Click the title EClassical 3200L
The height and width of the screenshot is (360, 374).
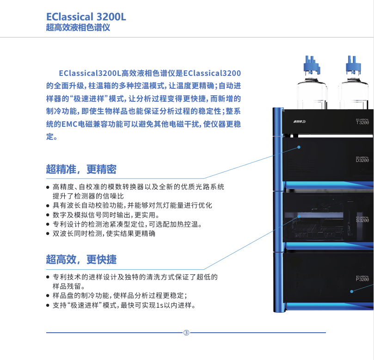point(86,17)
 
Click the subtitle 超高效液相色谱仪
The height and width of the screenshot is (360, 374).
point(78,27)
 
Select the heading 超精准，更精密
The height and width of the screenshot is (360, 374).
point(81,169)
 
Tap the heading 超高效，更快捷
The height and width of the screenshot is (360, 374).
point(81,260)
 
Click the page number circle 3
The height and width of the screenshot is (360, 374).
point(186,333)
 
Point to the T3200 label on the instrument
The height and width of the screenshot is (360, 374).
point(362,123)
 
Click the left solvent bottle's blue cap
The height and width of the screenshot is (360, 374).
point(312,64)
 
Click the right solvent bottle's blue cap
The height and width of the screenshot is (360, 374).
point(353,64)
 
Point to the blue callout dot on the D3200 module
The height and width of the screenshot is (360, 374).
point(299,147)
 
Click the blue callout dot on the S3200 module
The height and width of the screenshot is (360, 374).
point(299,216)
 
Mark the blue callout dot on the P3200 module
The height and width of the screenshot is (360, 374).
point(352,291)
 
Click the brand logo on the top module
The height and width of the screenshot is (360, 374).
point(300,122)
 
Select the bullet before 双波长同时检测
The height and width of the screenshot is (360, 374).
point(48,234)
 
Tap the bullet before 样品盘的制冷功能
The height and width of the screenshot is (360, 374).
point(48,296)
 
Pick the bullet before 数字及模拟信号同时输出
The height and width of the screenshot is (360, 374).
point(48,215)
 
